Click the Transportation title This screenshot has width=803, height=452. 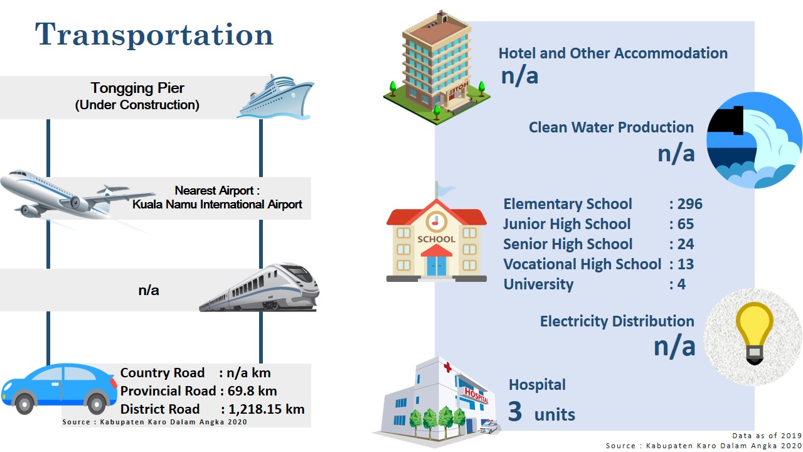coord(154,35)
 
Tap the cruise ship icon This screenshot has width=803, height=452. coord(275,97)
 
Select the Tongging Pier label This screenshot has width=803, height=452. coord(137,88)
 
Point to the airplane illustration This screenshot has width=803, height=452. coord(77,196)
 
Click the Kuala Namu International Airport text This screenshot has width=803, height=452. coord(217,205)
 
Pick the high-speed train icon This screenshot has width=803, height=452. coord(259,288)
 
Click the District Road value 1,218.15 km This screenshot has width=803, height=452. coord(267,409)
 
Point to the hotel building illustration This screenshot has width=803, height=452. coord(437,68)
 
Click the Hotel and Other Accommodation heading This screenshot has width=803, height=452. coord(613,53)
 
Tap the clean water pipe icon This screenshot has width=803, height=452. coord(754,140)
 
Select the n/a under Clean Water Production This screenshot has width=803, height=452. coord(676,154)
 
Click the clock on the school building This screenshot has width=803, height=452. coord(436,222)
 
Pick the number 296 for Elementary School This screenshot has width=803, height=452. coord(690,204)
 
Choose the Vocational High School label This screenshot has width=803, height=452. coord(582,264)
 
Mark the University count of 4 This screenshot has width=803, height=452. coord(681,284)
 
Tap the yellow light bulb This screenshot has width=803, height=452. coord(754,332)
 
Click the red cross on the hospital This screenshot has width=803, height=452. coord(447,367)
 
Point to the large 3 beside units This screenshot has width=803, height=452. coord(515,411)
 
